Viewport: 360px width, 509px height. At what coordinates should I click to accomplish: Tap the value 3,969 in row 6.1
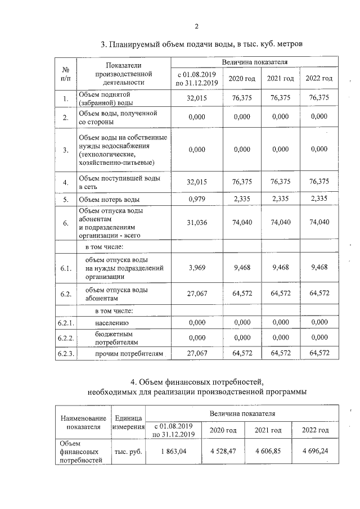197,267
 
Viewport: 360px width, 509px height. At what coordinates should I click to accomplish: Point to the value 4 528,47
223,452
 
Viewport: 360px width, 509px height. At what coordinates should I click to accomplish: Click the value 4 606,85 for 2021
268,452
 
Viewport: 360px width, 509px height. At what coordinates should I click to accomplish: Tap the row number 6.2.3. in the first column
66,354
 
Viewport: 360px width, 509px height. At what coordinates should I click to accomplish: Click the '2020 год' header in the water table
242,78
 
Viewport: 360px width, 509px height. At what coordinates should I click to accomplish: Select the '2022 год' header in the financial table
315,430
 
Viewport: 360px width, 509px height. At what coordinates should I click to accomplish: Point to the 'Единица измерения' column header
128,422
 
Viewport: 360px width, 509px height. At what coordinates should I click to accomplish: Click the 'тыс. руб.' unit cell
128,452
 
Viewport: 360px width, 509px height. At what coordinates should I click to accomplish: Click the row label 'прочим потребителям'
124,354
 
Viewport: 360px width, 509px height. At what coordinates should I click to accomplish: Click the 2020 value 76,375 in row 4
242,182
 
